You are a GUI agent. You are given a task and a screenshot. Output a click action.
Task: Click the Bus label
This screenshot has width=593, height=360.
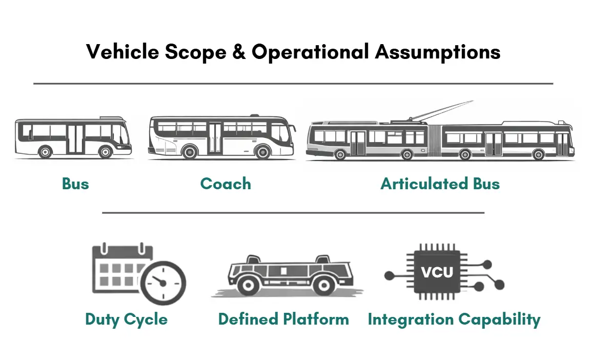(75, 184)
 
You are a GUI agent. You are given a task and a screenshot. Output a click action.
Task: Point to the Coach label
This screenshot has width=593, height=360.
(226, 184)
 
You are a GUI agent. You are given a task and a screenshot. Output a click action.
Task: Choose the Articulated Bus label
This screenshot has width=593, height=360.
(440, 184)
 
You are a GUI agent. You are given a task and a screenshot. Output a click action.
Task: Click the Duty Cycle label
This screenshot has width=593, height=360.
(126, 319)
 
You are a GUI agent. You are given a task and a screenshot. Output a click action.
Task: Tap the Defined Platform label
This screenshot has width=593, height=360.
(283, 319)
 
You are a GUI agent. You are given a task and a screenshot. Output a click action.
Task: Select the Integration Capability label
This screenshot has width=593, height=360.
(454, 319)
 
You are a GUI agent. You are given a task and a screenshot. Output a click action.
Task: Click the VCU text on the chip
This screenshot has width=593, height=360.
(437, 272)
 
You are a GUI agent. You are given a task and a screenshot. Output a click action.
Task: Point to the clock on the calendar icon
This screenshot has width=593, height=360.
(163, 282)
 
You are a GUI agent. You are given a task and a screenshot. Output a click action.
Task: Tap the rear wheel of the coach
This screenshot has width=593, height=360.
(190, 152)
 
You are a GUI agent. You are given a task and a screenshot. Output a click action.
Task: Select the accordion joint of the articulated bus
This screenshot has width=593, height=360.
(435, 139)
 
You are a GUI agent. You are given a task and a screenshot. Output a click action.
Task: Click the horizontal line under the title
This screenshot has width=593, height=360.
(293, 83)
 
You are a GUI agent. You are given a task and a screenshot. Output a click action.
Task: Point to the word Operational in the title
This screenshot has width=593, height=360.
(310, 52)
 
